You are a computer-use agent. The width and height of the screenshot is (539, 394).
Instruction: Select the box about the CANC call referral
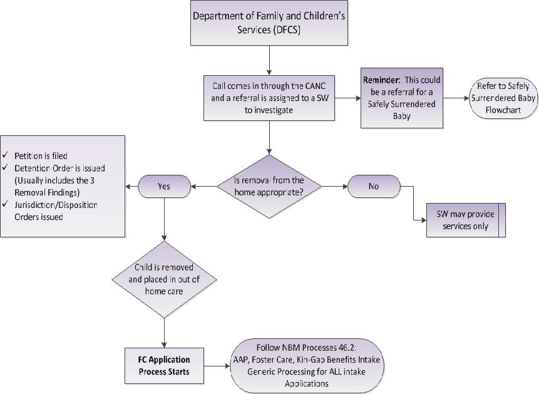[x=269, y=98]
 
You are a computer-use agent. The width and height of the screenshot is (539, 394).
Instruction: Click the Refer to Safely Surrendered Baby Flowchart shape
[x=503, y=97]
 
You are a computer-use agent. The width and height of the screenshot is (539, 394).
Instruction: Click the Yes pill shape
[x=163, y=185]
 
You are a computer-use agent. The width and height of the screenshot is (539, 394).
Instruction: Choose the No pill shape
[x=374, y=185]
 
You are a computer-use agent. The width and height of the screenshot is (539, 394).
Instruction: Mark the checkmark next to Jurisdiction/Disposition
[x=5, y=205]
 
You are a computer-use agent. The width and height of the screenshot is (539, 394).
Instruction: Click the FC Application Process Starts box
[x=164, y=366]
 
